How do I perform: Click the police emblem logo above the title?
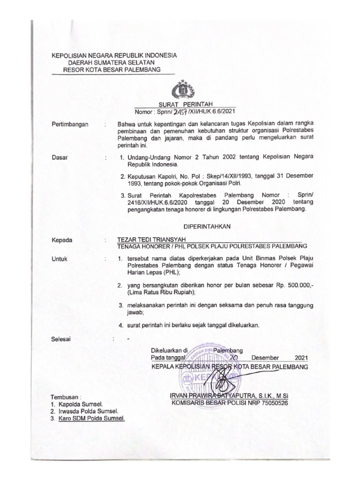coord(180,89)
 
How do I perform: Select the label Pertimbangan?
coord(71,124)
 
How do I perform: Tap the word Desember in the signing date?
coord(265,358)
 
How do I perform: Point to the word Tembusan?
coord(66,397)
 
